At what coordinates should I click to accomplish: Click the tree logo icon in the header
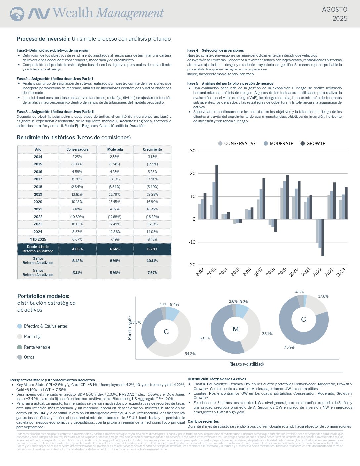click(17, 14)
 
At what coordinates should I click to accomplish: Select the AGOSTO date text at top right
click(335, 10)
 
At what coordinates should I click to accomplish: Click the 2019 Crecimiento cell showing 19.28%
click(153, 194)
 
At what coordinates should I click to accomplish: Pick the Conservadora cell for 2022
click(77, 217)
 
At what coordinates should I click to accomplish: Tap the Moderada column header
click(115, 149)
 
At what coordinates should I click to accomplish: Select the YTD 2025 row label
click(38, 239)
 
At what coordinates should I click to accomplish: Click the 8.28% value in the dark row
click(153, 249)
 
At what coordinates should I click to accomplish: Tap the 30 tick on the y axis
click(192, 151)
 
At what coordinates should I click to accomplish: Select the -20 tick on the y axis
click(192, 265)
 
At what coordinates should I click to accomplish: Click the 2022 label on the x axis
click(317, 272)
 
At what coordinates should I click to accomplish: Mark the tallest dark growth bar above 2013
click(217, 192)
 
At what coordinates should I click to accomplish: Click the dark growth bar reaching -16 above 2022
click(323, 238)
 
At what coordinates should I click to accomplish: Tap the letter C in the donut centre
click(166, 332)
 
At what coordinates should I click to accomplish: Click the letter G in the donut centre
click(304, 319)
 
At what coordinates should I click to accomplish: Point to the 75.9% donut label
click(289, 347)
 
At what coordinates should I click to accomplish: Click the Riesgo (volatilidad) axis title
click(247, 364)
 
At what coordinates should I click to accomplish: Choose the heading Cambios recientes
click(203, 421)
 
